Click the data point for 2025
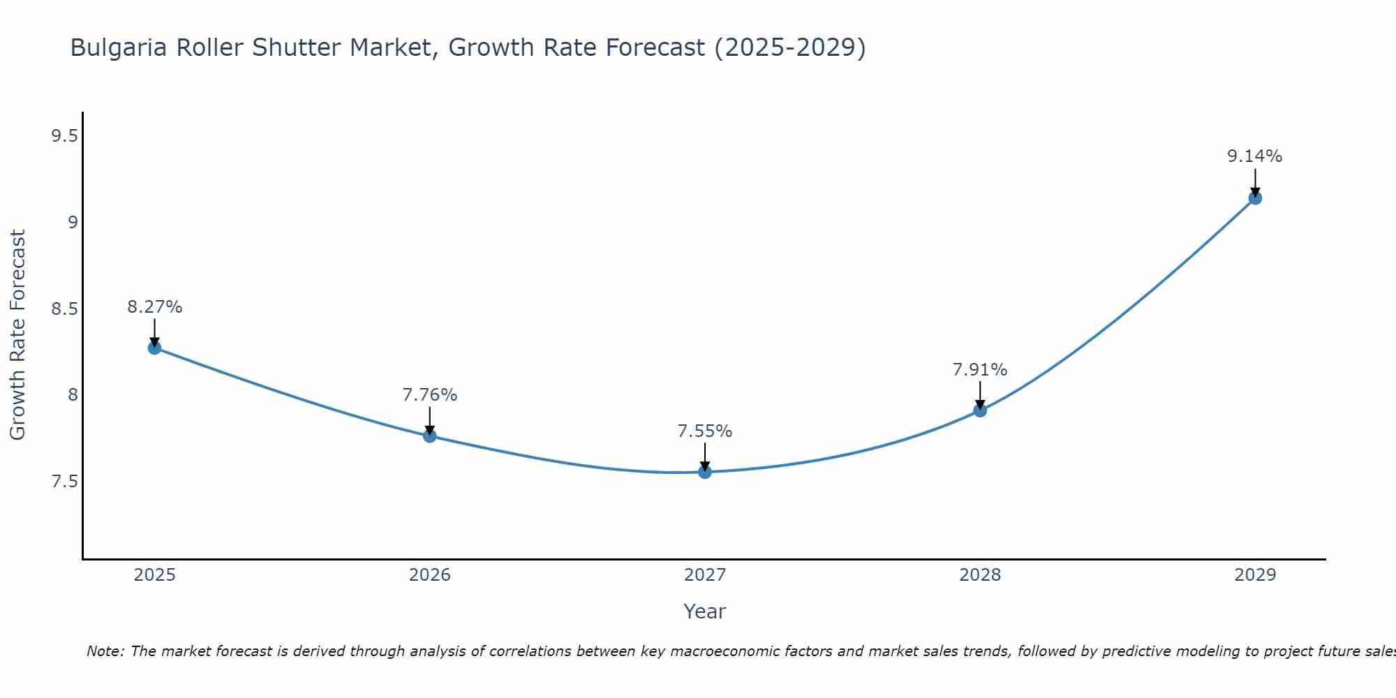pyautogui.click(x=155, y=348)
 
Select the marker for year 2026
pyautogui.click(x=430, y=436)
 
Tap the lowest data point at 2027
pyautogui.click(x=705, y=473)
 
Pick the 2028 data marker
pyautogui.click(x=980, y=410)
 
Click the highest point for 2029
pyautogui.click(x=1255, y=198)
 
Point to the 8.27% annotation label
pyautogui.click(x=155, y=307)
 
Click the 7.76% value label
pyautogui.click(x=430, y=395)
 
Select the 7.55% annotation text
pyautogui.click(x=705, y=431)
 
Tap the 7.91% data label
pyautogui.click(x=980, y=370)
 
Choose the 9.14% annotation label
pyautogui.click(x=1255, y=156)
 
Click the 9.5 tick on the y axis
pyautogui.click(x=64, y=136)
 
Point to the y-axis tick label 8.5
pyautogui.click(x=64, y=309)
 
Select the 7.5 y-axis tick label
pyautogui.click(x=64, y=482)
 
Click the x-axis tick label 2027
pyautogui.click(x=705, y=575)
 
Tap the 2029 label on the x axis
pyautogui.click(x=1255, y=575)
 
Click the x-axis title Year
pyautogui.click(x=705, y=611)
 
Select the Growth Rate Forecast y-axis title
pyautogui.click(x=18, y=335)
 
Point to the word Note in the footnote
pyautogui.click(x=105, y=651)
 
